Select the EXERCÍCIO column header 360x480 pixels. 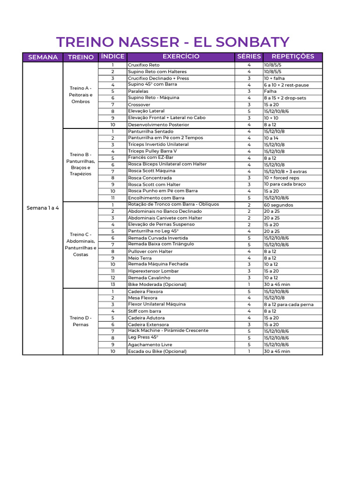pos(181,57)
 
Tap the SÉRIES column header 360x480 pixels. pos(249,57)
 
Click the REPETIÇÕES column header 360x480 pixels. pos(292,57)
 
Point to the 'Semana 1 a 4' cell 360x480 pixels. pos(43,208)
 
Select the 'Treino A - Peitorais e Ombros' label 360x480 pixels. pos(81,95)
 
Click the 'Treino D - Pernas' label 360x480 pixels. pos(81,321)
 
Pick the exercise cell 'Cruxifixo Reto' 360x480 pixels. pos(144,65)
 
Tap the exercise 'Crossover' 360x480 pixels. pos(139,105)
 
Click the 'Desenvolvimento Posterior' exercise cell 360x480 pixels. pos(158,125)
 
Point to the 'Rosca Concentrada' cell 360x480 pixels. pos(150,178)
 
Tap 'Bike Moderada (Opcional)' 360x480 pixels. pos(157,285)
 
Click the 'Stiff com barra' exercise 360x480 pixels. pos(144,311)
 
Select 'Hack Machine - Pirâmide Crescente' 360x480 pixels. pos(168,331)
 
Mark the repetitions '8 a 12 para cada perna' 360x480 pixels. pos(289,305)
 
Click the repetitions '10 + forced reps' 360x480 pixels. pos(281,178)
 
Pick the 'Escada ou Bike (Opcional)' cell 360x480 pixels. pos(157,351)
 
